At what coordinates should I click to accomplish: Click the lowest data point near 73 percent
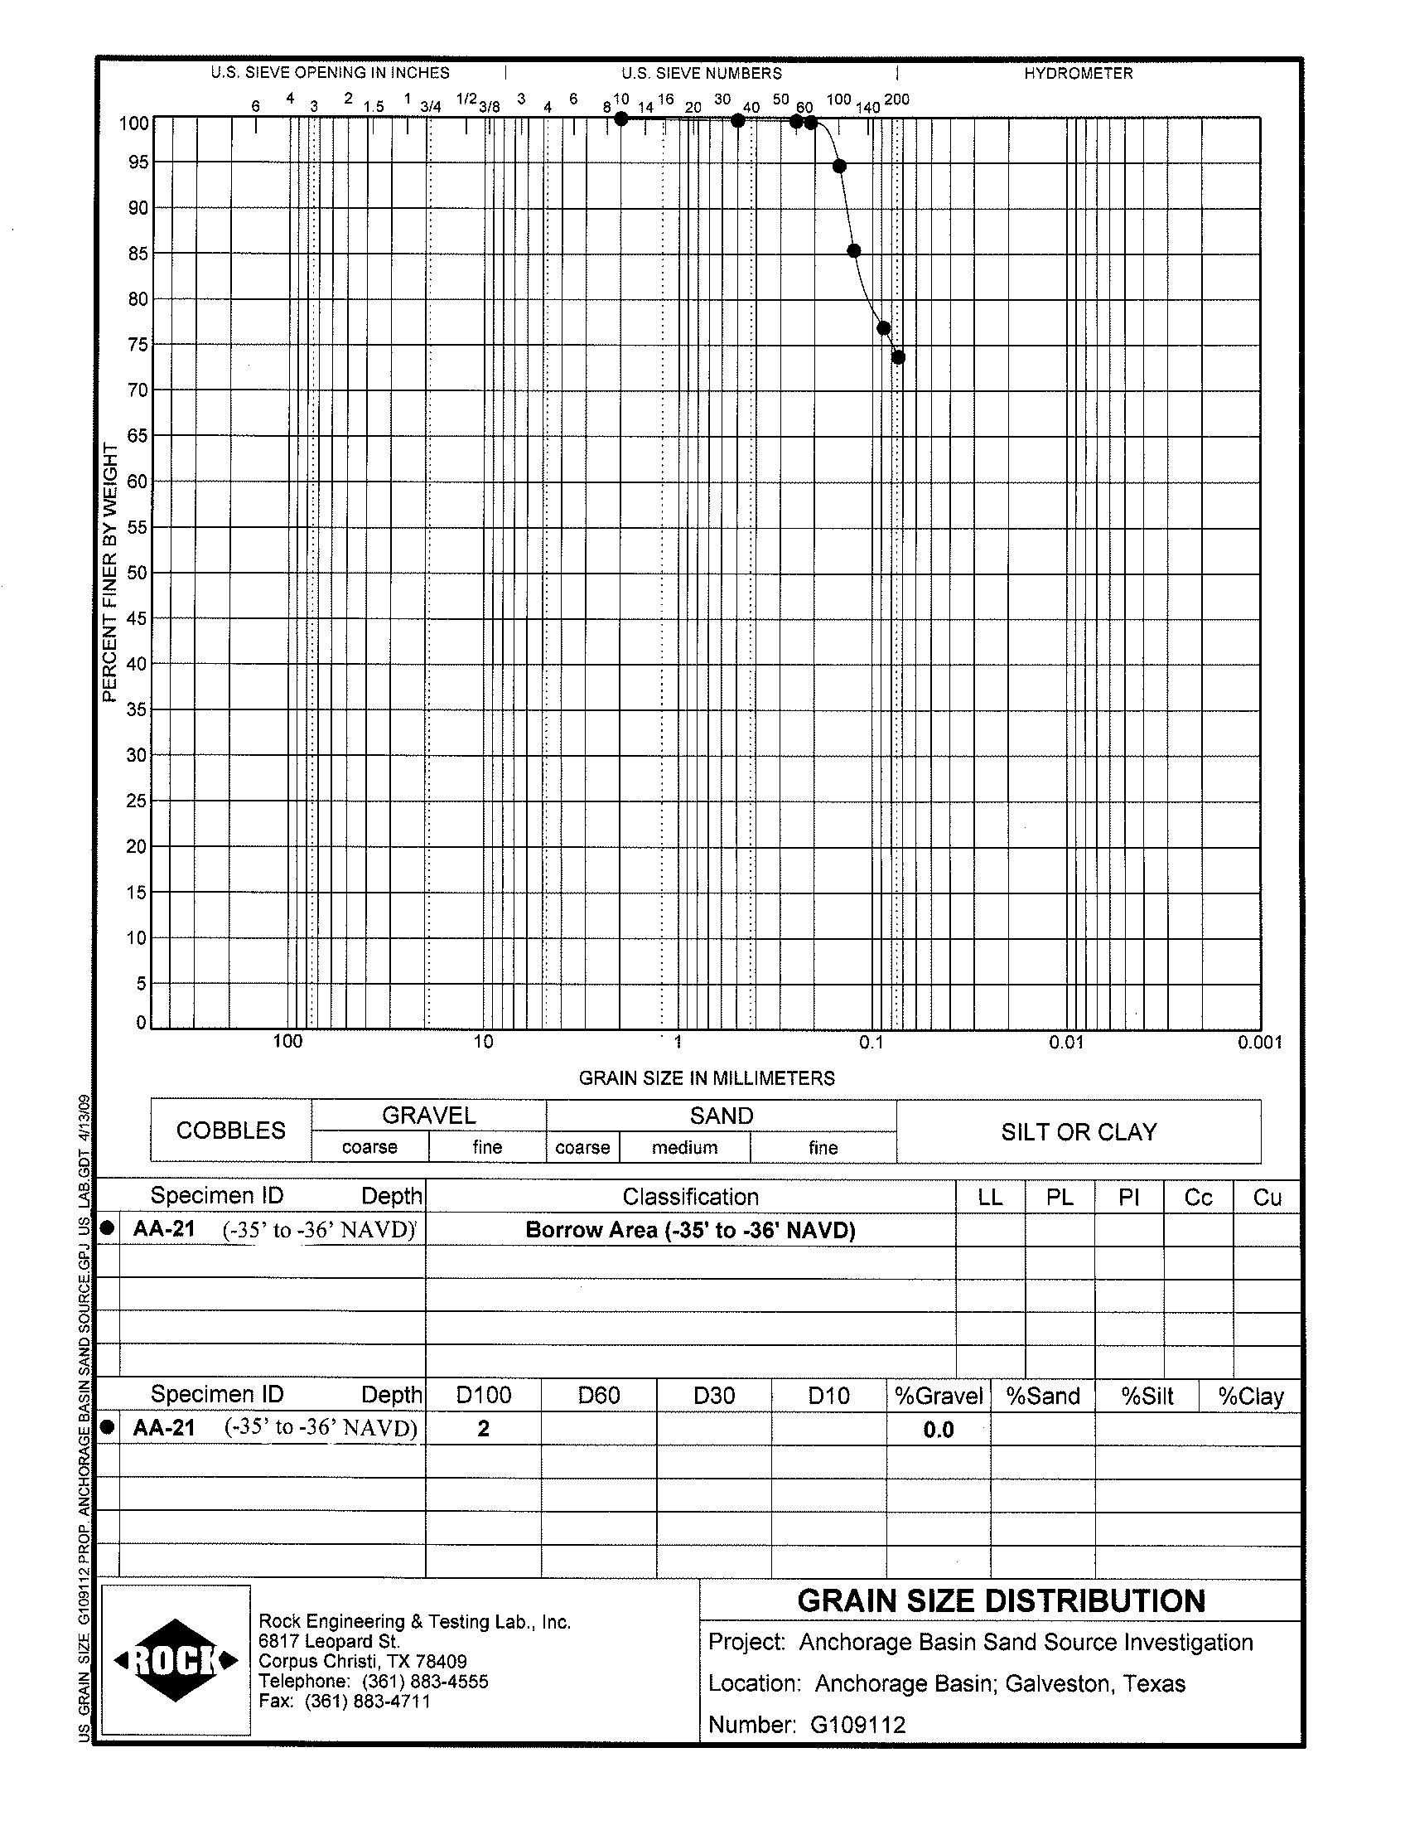pos(898,358)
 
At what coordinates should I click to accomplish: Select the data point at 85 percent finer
pos(854,251)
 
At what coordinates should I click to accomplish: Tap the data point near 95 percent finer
pos(840,167)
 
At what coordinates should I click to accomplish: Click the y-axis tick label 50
pos(137,574)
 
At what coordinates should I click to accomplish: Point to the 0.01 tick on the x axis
pos(1066,1043)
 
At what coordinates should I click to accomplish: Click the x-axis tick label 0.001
pos(1259,1043)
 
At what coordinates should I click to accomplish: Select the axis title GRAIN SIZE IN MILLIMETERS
pos(707,1078)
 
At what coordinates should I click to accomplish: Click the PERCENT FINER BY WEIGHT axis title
pos(109,574)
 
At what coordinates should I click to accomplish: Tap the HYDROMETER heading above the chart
pos(1078,74)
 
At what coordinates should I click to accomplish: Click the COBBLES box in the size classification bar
pos(231,1130)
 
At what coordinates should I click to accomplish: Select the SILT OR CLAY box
pos(1079,1132)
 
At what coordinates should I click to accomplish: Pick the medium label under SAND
pos(684,1148)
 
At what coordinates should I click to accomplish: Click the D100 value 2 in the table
pos(484,1429)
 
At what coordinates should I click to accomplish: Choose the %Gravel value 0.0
pos(939,1430)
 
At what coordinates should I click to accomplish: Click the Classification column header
pos(690,1198)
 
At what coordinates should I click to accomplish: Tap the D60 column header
pos(599,1396)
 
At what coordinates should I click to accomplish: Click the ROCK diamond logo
pos(176,1660)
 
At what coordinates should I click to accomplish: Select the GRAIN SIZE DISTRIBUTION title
pos(1001,1600)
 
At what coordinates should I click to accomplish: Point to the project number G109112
pos(857,1725)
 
